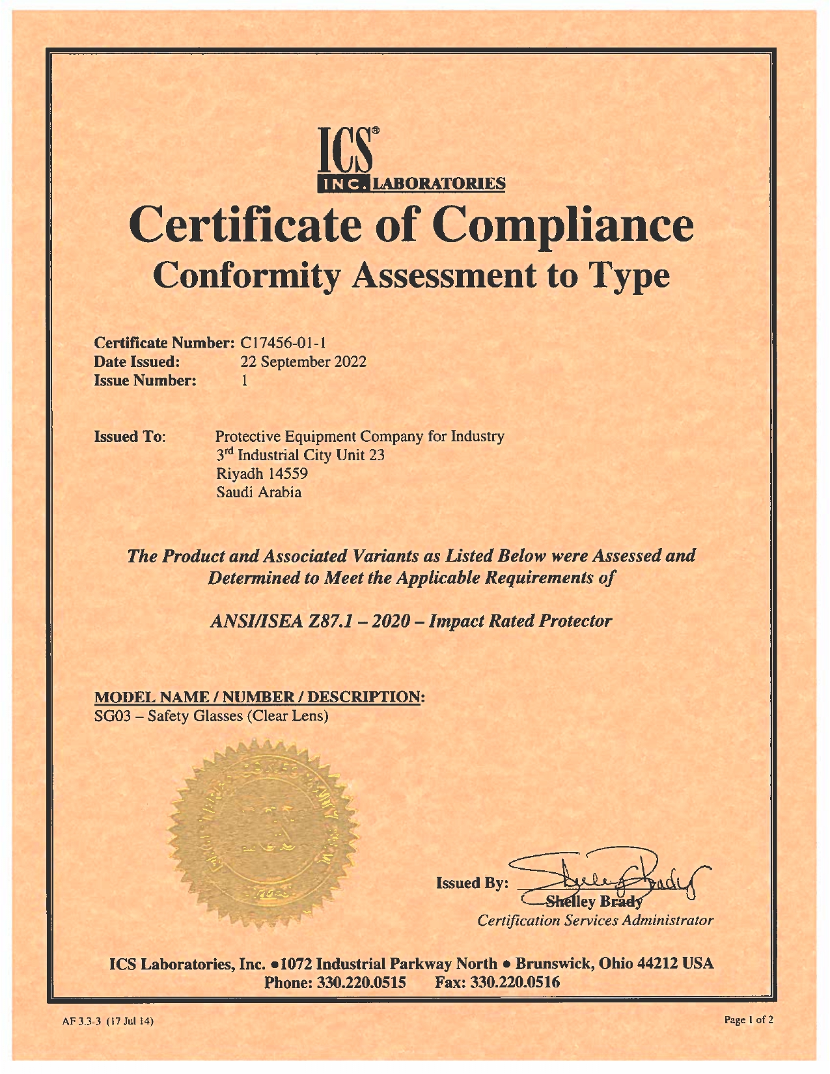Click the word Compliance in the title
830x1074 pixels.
coord(564,225)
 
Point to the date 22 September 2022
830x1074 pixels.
coord(303,362)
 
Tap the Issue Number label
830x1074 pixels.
coord(145,381)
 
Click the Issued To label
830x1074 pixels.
coord(130,436)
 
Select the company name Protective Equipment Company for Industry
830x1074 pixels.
coord(359,436)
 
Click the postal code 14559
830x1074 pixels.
coord(288,474)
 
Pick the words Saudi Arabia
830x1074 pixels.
coord(258,493)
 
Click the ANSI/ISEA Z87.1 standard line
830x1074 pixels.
coord(411,621)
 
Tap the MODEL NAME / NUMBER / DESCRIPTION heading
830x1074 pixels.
coord(260,697)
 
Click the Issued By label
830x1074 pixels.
coord(472,883)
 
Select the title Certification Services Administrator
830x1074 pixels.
coord(595,920)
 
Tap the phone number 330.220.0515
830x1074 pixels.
coord(361,982)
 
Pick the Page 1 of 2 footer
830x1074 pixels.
coord(749,1020)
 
